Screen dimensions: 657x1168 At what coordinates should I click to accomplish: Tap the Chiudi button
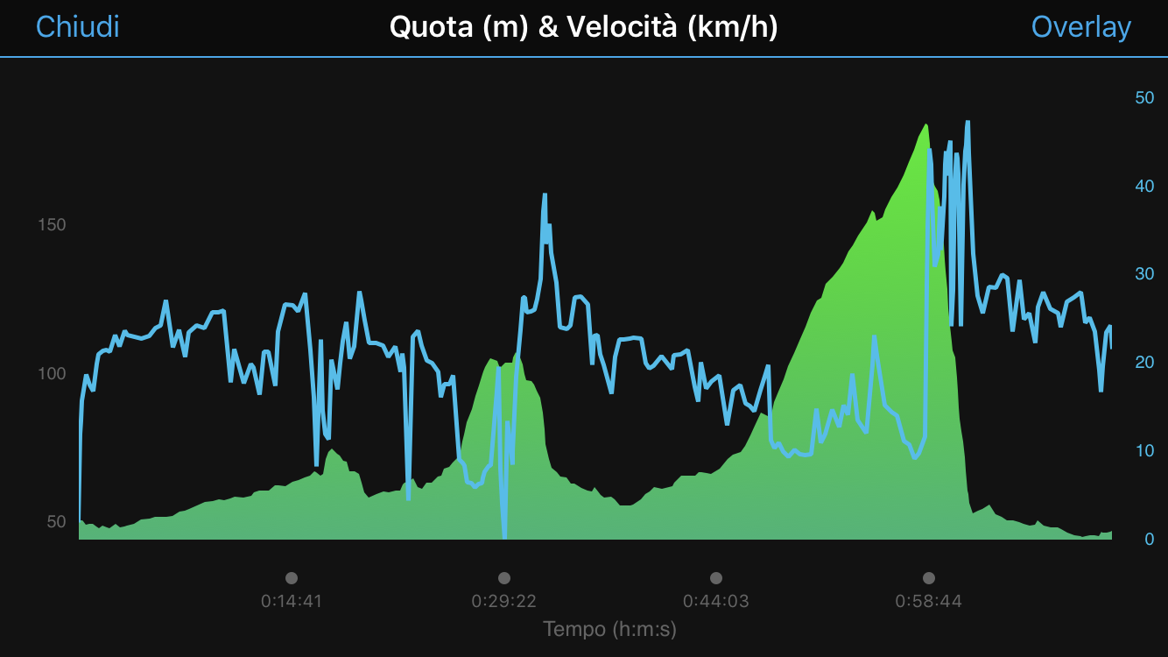[77, 27]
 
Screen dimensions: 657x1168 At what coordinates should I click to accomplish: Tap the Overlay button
[1080, 27]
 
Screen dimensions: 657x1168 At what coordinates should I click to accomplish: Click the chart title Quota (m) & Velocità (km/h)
[583, 27]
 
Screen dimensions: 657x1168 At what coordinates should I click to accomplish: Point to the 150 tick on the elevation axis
[52, 225]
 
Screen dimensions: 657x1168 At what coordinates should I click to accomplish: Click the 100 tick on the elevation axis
[52, 374]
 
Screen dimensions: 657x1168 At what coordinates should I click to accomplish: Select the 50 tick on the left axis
[55, 522]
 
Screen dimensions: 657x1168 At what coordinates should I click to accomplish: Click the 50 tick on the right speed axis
[1144, 97]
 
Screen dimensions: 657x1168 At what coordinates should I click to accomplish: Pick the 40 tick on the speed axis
[1144, 186]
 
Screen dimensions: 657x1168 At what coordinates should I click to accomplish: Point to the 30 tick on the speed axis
[1144, 274]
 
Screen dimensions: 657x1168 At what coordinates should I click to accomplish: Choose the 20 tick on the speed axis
[1144, 362]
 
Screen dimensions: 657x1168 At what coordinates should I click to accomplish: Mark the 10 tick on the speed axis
[1144, 450]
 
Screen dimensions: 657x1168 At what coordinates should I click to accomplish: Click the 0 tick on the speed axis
[1149, 539]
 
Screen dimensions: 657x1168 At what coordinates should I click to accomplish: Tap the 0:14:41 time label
[292, 602]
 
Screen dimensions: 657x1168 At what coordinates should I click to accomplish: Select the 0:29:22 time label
[503, 602]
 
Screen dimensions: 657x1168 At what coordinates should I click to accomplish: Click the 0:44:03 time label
[716, 602]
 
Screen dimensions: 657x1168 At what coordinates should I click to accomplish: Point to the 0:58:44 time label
[928, 602]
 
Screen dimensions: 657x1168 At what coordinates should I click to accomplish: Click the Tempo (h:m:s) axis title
[609, 629]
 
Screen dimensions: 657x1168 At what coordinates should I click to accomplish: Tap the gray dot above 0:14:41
[292, 578]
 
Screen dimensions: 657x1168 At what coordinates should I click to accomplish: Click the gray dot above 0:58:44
[928, 578]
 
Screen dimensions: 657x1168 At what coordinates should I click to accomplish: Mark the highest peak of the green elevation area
[925, 125]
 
